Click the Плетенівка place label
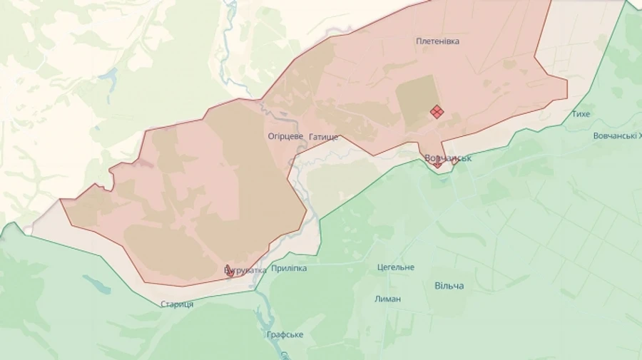[x=437, y=41]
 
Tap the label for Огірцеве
[x=285, y=135]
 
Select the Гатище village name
[x=324, y=136]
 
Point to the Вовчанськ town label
[x=448, y=158]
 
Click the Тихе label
[x=581, y=114]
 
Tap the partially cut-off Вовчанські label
[x=617, y=136]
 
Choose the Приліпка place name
[x=289, y=268]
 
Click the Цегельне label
[x=395, y=267]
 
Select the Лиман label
[x=387, y=299]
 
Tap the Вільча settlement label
[x=449, y=286]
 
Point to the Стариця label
[x=176, y=304]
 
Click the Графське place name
[x=285, y=334]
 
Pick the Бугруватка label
[x=245, y=270]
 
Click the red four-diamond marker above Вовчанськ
[x=437, y=111]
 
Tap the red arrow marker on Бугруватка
[x=229, y=271]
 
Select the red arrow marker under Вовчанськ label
[x=437, y=164]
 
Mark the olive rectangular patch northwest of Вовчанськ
[x=414, y=100]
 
